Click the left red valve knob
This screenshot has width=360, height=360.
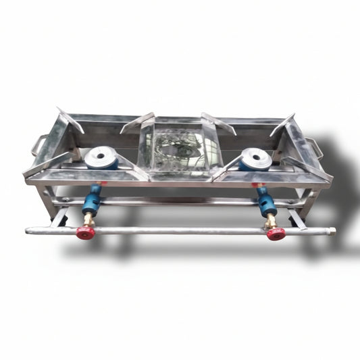[84, 232]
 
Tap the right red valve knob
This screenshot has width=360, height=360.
[276, 234]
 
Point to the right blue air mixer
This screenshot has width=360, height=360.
[263, 200]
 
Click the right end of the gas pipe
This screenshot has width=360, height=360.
[331, 232]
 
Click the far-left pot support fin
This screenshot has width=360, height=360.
[69, 120]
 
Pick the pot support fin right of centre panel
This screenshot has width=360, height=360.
[218, 122]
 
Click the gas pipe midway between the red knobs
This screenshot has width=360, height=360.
[180, 230]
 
